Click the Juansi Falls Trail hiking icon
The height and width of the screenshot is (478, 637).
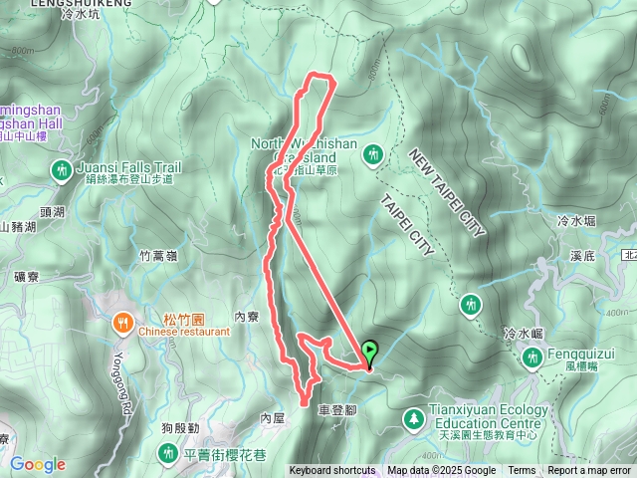[61, 170]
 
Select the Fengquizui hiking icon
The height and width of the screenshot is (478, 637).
[531, 358]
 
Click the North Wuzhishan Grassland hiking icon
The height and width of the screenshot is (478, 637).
[373, 153]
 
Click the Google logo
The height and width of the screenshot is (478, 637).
[38, 464]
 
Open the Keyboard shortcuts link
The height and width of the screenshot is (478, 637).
[332, 471]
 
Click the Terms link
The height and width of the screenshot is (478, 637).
[522, 471]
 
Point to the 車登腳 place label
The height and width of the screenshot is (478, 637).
[336, 409]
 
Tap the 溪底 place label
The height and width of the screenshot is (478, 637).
[583, 257]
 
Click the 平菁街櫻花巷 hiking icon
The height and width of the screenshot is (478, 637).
[167, 454]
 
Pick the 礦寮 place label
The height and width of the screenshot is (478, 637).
[29, 277]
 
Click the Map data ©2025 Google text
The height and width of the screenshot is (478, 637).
[442, 471]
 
